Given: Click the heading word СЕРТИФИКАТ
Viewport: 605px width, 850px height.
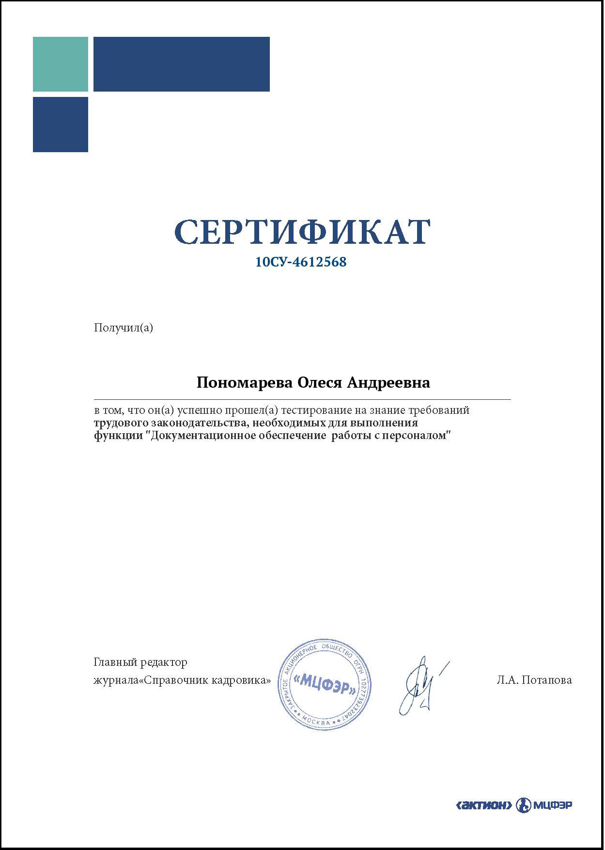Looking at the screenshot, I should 302,232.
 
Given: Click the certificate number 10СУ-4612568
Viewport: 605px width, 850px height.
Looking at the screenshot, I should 301,262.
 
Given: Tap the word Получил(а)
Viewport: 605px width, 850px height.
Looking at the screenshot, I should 123,328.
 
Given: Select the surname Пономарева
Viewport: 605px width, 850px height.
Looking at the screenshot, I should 244,383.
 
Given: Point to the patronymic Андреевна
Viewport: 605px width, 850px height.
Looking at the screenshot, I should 389,383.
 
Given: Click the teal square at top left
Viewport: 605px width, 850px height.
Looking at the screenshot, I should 61,64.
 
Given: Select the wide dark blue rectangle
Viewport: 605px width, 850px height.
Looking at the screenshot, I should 181,64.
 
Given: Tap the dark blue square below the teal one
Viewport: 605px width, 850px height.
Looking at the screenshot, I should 61,125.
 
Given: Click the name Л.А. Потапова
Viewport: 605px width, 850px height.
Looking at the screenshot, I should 534,680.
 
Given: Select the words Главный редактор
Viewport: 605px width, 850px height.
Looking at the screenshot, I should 140,662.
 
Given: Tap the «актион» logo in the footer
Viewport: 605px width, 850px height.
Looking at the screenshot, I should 484,805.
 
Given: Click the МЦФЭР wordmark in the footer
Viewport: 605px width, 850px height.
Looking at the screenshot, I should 553,805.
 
